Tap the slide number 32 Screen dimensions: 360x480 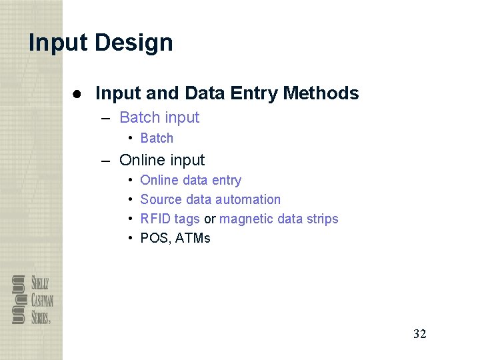click(x=419, y=334)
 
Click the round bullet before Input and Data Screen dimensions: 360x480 click(x=78, y=94)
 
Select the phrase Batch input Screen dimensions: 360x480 click(x=159, y=117)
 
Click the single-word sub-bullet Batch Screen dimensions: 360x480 click(x=157, y=138)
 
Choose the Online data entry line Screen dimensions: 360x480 click(x=191, y=180)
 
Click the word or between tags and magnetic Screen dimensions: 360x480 click(x=209, y=219)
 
